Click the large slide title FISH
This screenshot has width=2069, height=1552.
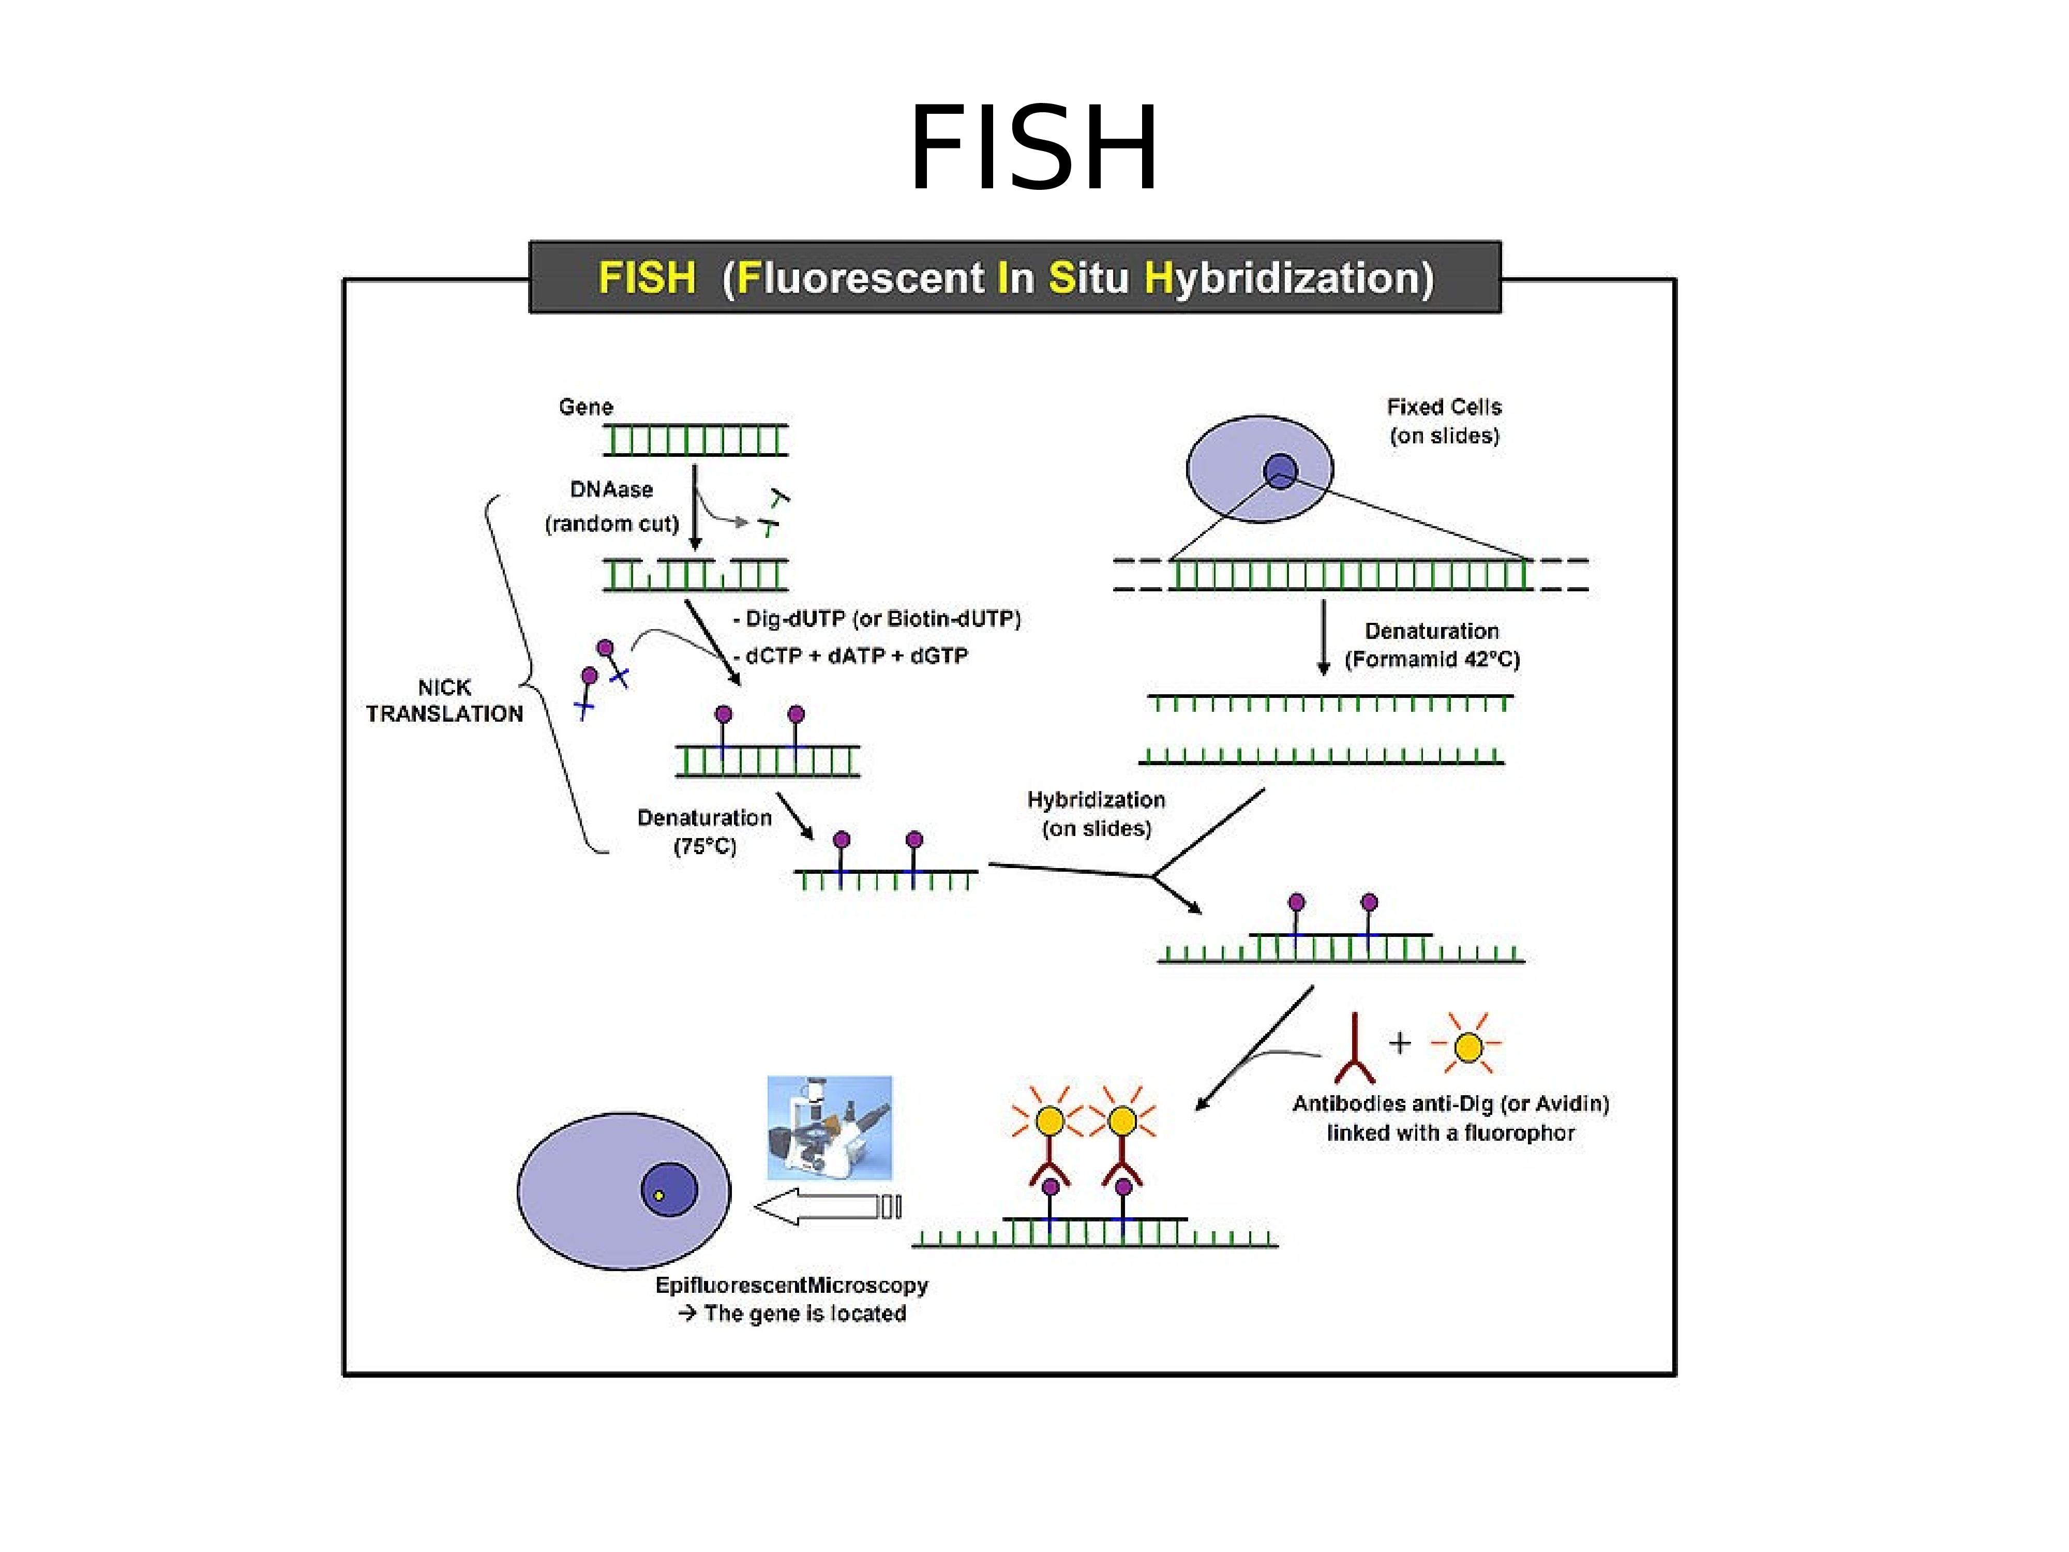click(x=1033, y=150)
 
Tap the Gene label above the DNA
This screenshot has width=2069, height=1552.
click(x=586, y=407)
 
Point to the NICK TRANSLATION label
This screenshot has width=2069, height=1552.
click(x=444, y=700)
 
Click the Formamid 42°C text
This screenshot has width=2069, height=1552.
click(x=1432, y=660)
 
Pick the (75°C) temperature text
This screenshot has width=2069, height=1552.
click(x=705, y=847)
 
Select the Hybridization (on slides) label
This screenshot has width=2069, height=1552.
click(x=1096, y=814)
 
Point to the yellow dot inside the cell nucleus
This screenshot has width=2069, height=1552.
click(x=658, y=1196)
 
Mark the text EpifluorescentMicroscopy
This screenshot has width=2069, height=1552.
click(x=791, y=1286)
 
